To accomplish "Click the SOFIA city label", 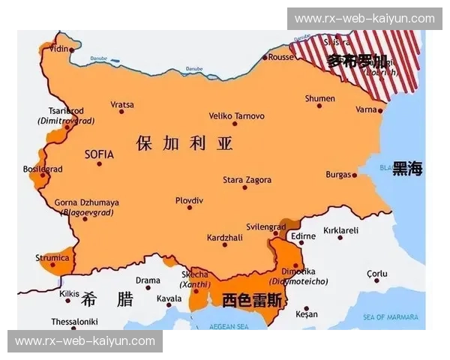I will pos(99,154).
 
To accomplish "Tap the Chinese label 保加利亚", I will pos(184,143).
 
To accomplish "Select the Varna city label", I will pos(366,109).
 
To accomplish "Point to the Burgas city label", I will pos(338,175).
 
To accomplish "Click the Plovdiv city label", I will pos(189,200).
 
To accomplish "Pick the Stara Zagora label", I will pos(247,180).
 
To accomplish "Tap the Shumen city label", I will pos(319,98).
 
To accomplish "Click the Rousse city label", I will pos(280,56).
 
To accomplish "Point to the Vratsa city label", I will pos(122,104).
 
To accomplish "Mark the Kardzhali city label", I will pos(224,237).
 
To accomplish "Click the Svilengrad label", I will pos(265,226).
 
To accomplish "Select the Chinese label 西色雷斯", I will pos(252,300).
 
